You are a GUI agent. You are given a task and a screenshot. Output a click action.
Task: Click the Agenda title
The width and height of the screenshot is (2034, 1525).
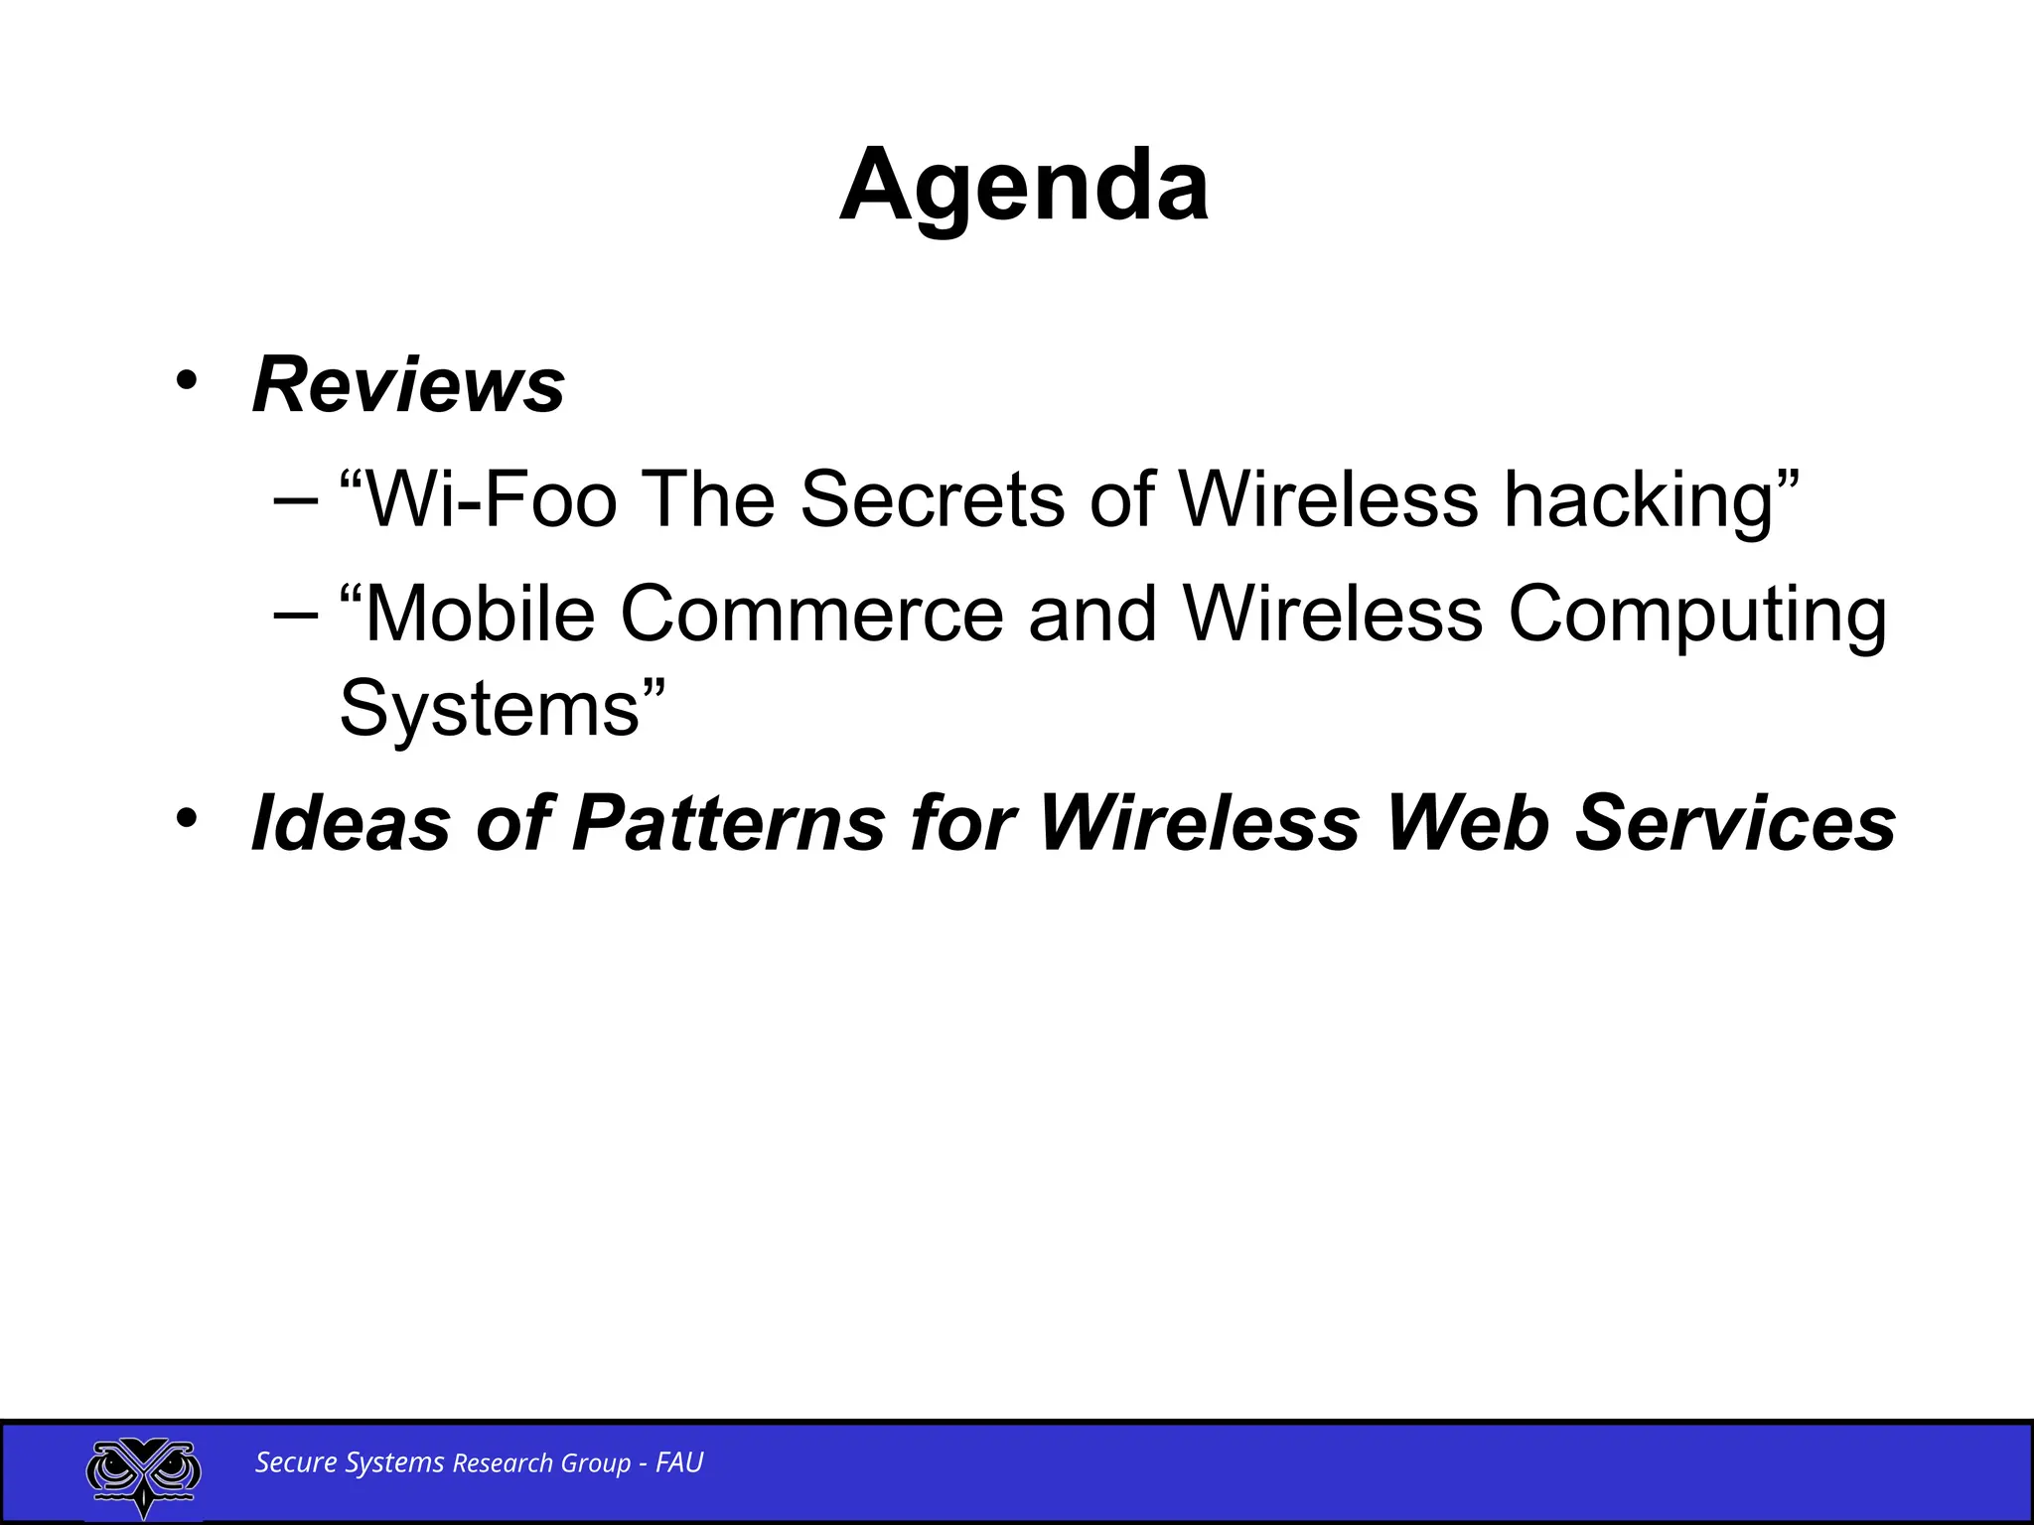point(1024,186)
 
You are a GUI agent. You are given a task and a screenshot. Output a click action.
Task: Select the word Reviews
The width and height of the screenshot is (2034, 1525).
point(408,385)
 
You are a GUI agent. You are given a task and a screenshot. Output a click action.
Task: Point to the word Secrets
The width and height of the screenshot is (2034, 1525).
point(932,499)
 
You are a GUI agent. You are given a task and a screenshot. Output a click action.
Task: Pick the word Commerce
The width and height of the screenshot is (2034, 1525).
point(811,615)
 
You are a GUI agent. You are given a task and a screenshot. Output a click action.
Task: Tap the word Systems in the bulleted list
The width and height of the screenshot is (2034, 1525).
point(489,709)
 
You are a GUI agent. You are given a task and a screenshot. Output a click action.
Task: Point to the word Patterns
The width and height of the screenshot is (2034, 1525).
point(729,823)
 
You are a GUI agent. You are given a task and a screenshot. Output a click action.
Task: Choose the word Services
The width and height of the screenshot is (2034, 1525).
point(1736,823)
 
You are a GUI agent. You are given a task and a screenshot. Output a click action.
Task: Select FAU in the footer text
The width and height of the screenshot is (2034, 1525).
point(679,1462)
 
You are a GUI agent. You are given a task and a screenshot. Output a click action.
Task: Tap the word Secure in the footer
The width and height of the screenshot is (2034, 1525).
point(296,1462)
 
